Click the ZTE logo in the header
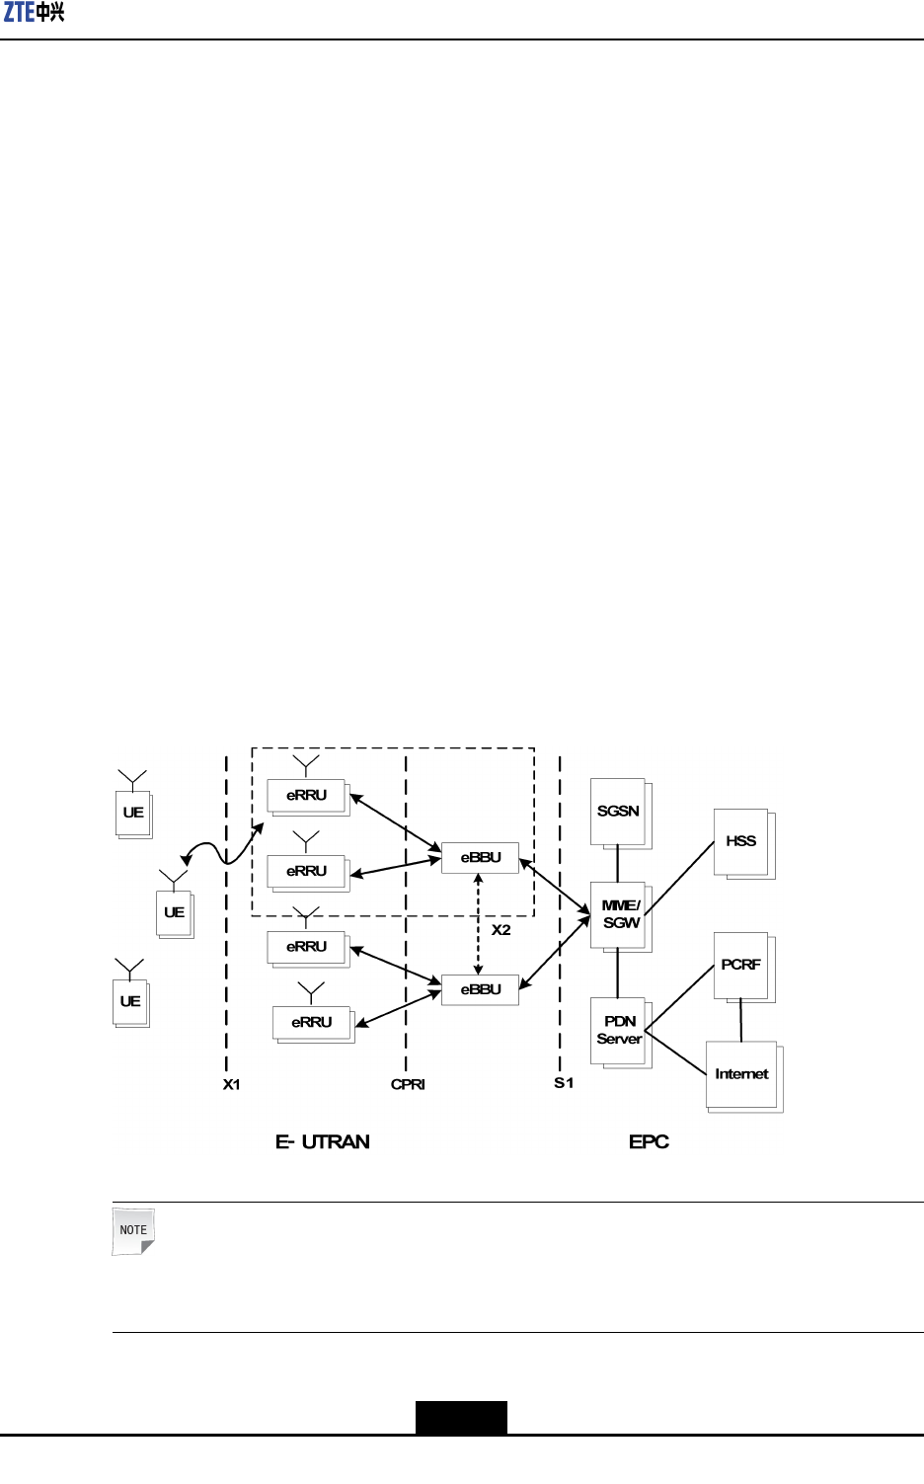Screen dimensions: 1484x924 click(35, 13)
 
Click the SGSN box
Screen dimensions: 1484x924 click(618, 811)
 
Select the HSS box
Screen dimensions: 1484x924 click(740, 841)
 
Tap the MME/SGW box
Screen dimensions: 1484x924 click(620, 914)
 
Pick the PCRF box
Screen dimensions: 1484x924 click(740, 965)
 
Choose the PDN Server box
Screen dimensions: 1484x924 click(619, 1030)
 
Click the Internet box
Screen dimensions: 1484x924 click(741, 1074)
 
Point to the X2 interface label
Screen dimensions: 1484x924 click(501, 930)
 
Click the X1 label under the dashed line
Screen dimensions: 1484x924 click(232, 1084)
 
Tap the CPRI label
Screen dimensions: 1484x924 click(408, 1084)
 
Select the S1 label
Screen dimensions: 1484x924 click(564, 1083)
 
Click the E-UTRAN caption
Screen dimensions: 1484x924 click(323, 1142)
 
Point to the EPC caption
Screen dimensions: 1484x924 click(649, 1142)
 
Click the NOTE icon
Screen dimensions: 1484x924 click(133, 1231)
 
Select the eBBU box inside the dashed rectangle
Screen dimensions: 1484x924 click(481, 857)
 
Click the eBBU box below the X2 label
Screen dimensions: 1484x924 click(481, 989)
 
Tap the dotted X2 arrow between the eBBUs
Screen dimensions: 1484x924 click(479, 923)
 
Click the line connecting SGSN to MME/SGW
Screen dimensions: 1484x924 click(618, 864)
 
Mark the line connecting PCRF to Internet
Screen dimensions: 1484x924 click(741, 1020)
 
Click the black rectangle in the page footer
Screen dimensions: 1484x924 click(461, 1417)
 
